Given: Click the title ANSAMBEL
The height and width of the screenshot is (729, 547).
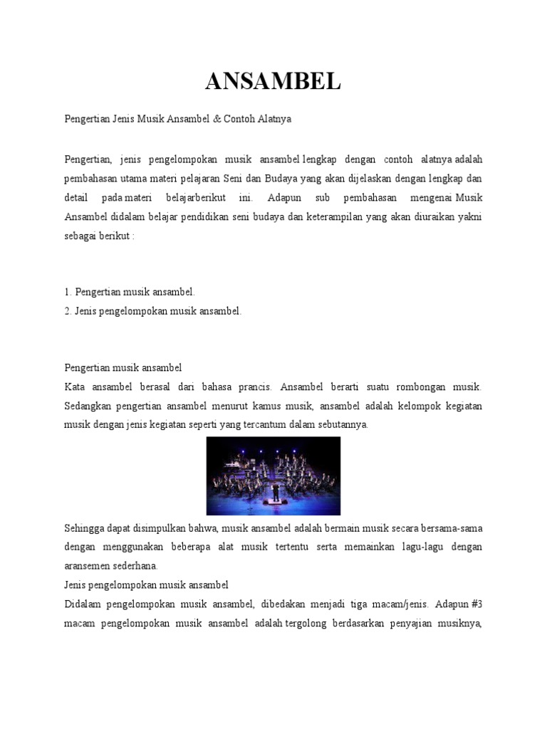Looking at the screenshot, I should coord(273,83).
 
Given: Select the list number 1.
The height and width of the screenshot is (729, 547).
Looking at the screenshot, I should coord(66,292).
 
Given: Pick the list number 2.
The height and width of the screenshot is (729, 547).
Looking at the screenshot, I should coord(66,311).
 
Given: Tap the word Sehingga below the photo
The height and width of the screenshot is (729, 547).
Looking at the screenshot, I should coord(85,528).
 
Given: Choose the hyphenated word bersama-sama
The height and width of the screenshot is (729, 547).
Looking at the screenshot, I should coord(452,528).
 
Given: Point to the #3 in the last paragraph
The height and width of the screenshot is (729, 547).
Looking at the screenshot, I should coord(476,604).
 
